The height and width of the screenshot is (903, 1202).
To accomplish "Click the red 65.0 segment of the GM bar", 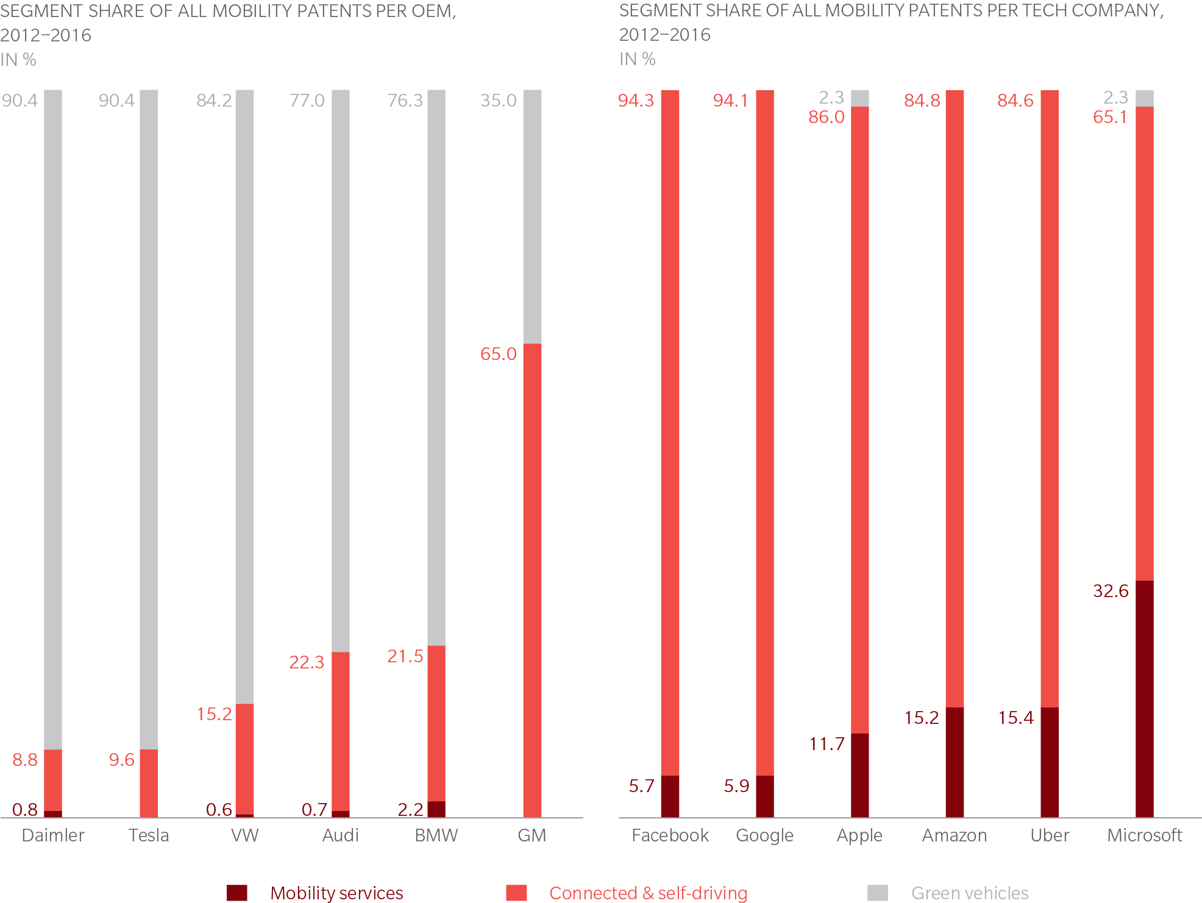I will point(532,579).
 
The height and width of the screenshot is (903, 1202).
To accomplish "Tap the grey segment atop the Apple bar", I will point(859,98).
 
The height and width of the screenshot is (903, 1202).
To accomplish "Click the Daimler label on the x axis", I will point(53,835).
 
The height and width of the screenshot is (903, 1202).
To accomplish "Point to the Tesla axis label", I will point(149,835).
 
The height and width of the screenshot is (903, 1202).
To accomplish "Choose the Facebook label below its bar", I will point(670,835).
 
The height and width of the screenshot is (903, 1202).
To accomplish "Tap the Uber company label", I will point(1050,835).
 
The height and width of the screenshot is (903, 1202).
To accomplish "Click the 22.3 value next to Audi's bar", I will point(307,662).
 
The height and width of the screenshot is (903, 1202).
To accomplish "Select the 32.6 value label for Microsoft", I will point(1111,591).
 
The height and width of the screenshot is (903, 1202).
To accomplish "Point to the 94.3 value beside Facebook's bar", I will point(636,101).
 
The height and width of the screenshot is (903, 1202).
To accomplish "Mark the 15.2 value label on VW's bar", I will point(214,714).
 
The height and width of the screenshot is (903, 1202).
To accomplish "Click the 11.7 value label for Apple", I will point(827,744).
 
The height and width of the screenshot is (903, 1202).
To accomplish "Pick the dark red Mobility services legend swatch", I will point(237,893).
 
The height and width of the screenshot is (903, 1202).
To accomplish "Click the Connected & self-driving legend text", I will point(648,893).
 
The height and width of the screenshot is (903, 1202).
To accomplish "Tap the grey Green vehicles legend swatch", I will point(878,893).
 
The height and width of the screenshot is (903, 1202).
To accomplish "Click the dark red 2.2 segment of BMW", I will point(436,809).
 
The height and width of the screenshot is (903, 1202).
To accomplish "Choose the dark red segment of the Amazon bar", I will point(955,762).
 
